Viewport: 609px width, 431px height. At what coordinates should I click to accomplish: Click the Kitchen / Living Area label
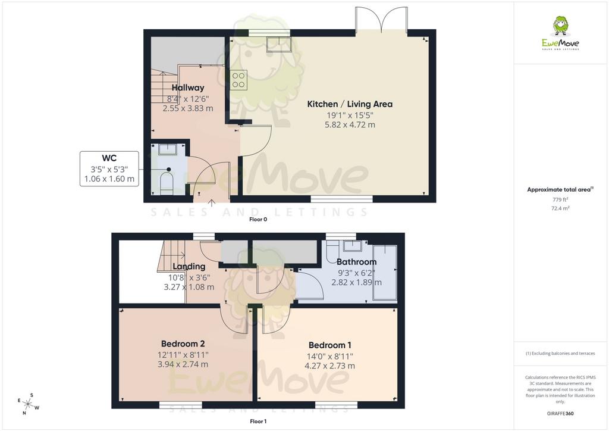click(x=350, y=104)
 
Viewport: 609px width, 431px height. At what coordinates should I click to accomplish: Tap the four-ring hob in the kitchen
click(x=238, y=80)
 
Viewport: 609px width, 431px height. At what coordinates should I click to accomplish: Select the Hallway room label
click(x=188, y=88)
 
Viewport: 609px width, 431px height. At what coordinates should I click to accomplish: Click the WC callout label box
click(x=109, y=168)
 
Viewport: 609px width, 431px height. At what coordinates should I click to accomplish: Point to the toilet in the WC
click(x=167, y=182)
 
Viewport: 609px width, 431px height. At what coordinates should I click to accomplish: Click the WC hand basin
click(x=167, y=149)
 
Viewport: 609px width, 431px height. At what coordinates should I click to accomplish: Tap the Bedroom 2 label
click(x=183, y=344)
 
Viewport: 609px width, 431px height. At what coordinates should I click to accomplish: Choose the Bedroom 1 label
click(x=329, y=345)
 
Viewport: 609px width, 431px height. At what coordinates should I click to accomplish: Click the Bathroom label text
click(x=357, y=262)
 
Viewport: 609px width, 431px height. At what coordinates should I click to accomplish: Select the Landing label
click(x=189, y=267)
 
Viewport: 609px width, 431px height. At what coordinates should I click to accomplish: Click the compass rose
click(x=29, y=404)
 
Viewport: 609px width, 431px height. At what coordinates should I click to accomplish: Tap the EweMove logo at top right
click(x=560, y=33)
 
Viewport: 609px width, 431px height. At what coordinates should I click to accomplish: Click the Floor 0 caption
click(x=258, y=219)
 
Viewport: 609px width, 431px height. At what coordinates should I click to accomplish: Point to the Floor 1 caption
click(x=258, y=421)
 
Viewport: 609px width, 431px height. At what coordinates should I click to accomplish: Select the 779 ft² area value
click(x=560, y=199)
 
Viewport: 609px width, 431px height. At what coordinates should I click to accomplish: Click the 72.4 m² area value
click(x=560, y=208)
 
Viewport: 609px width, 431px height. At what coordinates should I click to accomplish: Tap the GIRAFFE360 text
click(x=560, y=414)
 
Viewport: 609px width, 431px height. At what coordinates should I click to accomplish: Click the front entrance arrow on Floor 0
click(x=211, y=202)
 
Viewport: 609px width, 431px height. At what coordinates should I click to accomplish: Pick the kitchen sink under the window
click(x=279, y=44)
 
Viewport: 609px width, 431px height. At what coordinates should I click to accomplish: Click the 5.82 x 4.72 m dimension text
click(x=350, y=125)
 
